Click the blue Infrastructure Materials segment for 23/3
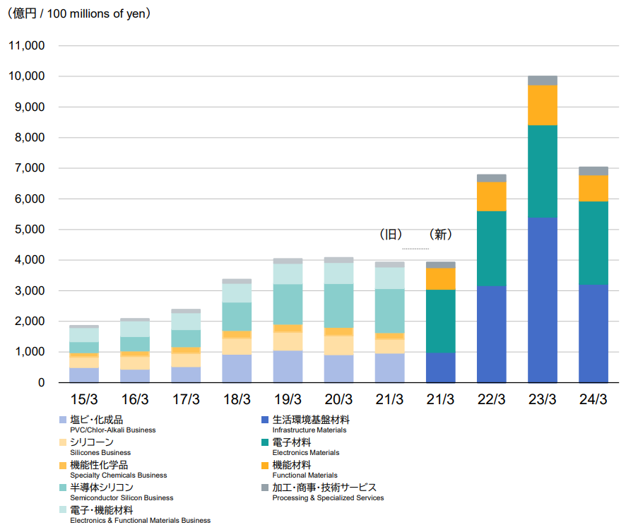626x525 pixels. coord(542,300)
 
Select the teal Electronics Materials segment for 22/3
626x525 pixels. coord(491,248)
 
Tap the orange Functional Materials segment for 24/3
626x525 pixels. coord(593,188)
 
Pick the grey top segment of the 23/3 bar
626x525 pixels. coord(542,80)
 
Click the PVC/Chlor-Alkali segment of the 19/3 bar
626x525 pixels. coord(288,366)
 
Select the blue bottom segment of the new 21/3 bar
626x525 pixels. coord(440,367)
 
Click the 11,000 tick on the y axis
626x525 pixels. coord(26,46)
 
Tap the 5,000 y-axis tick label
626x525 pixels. coord(29,230)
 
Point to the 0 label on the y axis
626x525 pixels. coord(41,383)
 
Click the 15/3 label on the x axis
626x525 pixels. coord(84,399)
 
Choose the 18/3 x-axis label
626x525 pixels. coord(237,399)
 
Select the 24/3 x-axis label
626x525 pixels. coord(593,399)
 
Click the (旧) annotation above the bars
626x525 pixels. coord(390,235)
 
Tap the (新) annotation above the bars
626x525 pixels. coord(440,235)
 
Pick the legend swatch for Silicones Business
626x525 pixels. coord(64,443)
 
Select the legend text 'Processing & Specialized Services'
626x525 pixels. coord(328,498)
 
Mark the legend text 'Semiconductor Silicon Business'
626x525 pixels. coord(121,498)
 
